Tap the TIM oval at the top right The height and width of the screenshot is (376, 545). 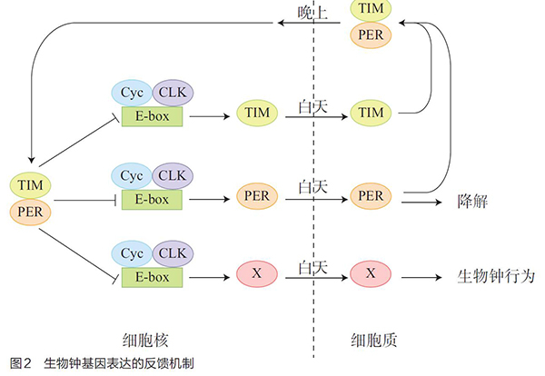coord(372,10)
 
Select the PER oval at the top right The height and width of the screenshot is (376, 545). coord(372,35)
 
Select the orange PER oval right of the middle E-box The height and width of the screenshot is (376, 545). coord(255,195)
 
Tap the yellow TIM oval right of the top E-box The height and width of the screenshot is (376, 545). coord(255,114)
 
